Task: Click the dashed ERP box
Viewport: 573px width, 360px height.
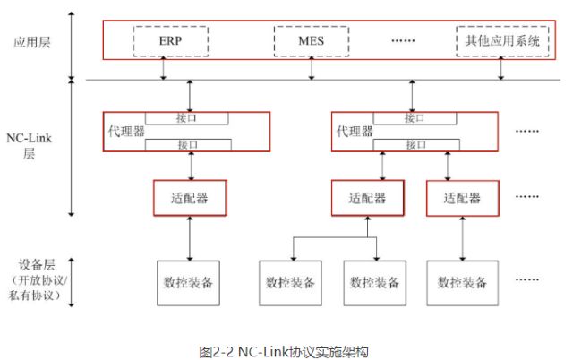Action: pos(170,40)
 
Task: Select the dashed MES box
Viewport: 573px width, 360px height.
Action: pos(312,40)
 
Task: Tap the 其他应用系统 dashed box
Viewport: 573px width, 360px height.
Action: pos(497,40)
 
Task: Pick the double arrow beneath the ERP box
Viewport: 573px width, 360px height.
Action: pos(163,71)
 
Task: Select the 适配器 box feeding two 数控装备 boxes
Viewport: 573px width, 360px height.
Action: pos(367,199)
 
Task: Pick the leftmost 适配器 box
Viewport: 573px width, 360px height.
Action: pos(189,198)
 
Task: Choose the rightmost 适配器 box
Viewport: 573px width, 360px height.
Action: pos(463,199)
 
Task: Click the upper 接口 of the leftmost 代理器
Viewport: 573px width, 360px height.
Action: pos(190,117)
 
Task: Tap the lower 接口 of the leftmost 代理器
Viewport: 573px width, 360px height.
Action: pos(189,144)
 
